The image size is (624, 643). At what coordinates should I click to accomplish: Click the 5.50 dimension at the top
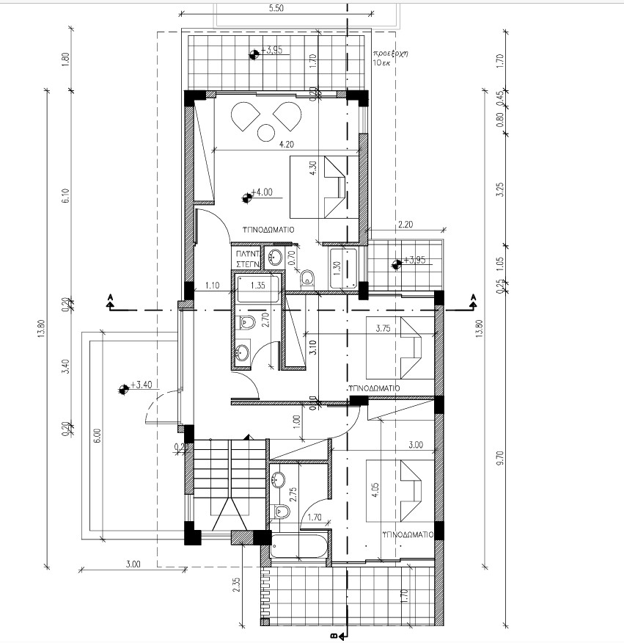(x=276, y=8)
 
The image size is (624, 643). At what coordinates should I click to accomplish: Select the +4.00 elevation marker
(x=261, y=194)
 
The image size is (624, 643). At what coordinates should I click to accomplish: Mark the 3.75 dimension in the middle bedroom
(x=383, y=330)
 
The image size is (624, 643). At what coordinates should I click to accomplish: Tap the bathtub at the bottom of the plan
(x=298, y=548)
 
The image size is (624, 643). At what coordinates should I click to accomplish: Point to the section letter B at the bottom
(x=334, y=636)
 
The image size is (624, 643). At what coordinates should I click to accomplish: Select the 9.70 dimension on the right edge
(x=500, y=458)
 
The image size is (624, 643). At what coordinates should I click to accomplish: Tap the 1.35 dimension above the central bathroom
(x=257, y=286)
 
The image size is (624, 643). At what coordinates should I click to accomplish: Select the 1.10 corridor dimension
(x=213, y=286)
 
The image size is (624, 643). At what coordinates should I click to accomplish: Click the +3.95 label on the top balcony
(x=271, y=51)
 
